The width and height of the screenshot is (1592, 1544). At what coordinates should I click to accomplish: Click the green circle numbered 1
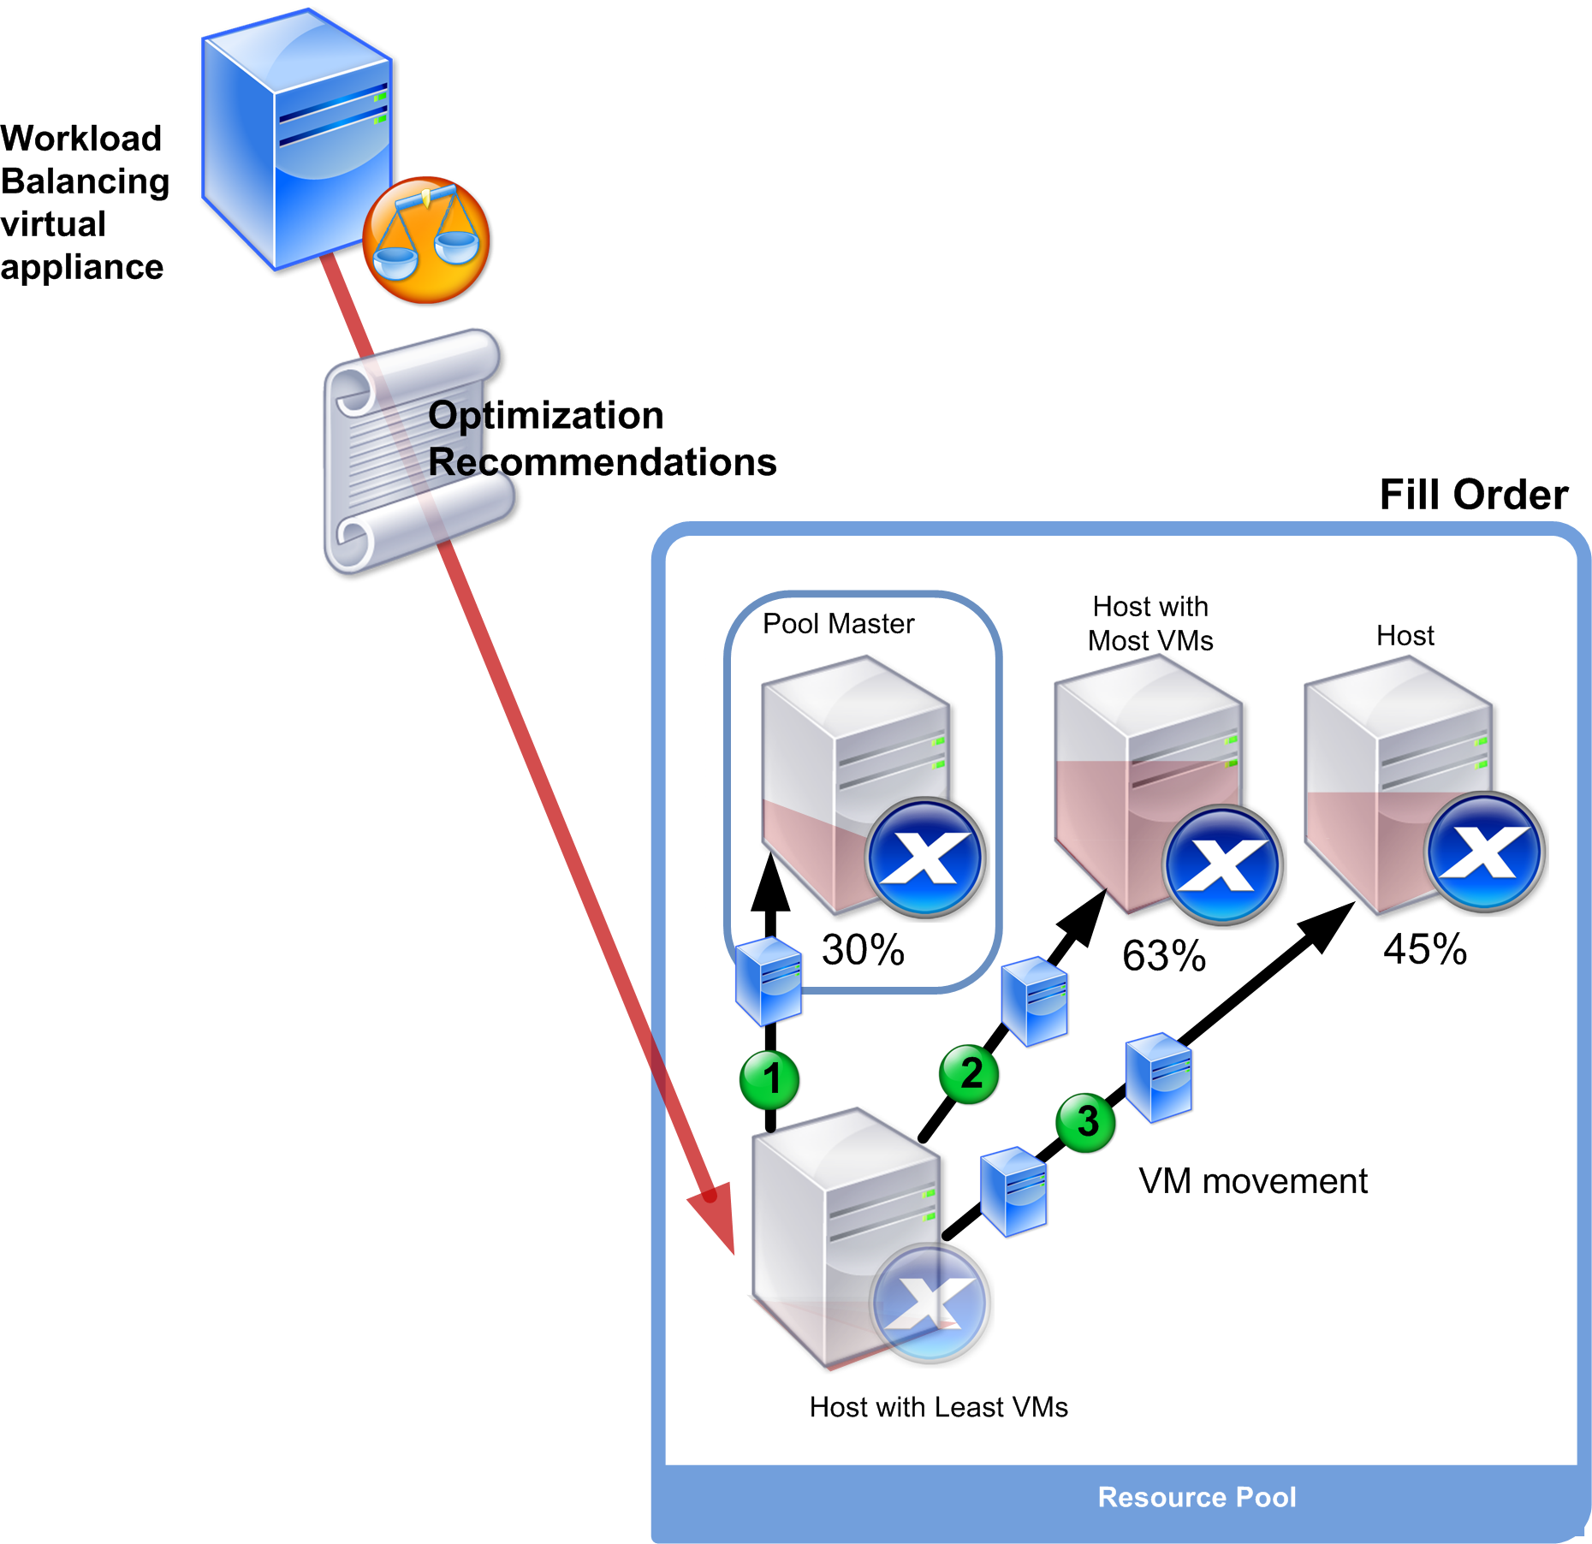(769, 1079)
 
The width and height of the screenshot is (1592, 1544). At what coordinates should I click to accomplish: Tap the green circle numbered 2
(969, 1073)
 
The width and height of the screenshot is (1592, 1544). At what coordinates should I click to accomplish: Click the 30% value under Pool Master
(863, 950)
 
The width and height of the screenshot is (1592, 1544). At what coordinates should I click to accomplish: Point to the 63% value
(1164, 956)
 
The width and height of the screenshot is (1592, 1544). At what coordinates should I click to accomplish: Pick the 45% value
(1425, 949)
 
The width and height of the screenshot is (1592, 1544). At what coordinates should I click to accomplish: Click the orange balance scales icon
(426, 240)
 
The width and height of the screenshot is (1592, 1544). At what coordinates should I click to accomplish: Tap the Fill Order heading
(1473, 495)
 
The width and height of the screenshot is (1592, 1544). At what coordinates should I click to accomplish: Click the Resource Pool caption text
(1197, 1497)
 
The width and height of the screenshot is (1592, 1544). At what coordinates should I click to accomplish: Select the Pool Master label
(838, 624)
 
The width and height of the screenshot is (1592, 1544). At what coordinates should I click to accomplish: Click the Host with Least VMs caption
(938, 1407)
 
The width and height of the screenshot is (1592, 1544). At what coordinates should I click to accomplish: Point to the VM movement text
(1252, 1181)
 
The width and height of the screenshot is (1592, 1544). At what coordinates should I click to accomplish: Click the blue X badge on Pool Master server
(925, 857)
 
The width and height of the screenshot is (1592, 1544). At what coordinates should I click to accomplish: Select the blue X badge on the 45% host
(1484, 852)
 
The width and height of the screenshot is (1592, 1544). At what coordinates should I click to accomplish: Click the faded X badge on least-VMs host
(930, 1303)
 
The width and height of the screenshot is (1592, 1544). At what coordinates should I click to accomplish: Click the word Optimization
(546, 415)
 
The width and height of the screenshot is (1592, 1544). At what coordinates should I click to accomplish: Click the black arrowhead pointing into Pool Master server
(770, 882)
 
